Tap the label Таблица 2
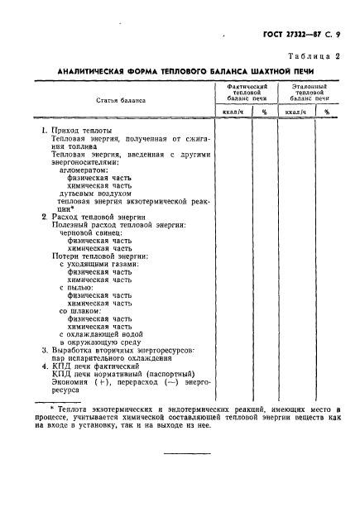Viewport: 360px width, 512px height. coord(313,55)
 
